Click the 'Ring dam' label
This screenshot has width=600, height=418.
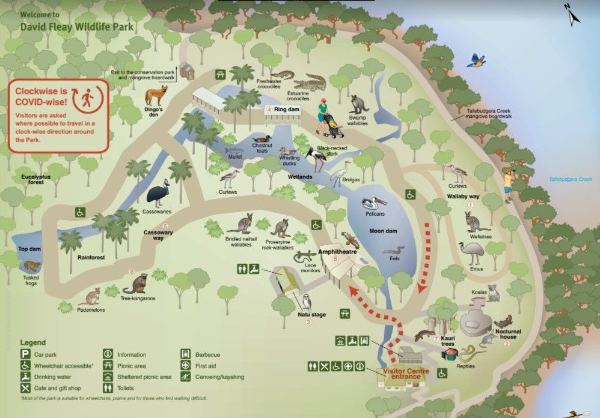(x=286, y=110)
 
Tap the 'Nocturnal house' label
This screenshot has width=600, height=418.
(x=509, y=334)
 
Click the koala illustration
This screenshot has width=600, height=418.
(x=493, y=293)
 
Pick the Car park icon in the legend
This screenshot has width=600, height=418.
(x=25, y=354)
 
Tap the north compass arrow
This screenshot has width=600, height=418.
(x=571, y=13)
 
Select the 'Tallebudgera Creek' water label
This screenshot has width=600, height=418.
(x=570, y=179)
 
